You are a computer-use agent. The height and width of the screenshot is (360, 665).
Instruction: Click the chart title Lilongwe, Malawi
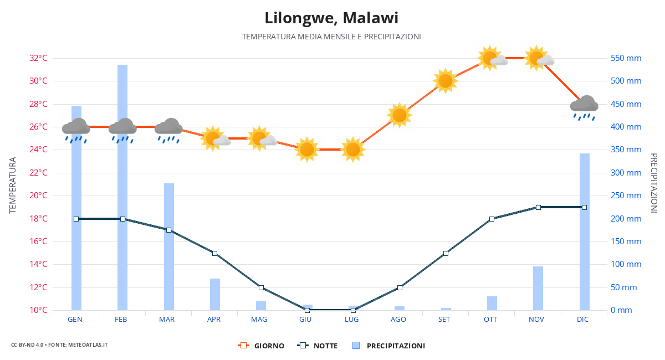(331, 18)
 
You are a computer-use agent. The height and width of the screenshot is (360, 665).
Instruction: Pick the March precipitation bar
(168, 246)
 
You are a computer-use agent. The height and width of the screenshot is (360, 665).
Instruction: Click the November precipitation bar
(538, 288)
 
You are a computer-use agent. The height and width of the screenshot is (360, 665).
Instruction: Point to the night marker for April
(214, 253)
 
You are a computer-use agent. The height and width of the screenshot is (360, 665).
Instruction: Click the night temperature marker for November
(538, 207)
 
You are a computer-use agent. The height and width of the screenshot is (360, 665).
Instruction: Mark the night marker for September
(446, 253)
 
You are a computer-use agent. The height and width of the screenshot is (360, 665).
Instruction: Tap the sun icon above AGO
(400, 115)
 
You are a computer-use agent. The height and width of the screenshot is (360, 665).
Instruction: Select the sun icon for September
(446, 81)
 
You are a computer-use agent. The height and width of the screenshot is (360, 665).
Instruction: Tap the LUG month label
(352, 320)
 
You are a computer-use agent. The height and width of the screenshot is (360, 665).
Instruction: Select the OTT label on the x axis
(490, 320)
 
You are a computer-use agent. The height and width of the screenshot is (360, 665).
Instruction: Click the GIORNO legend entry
(262, 346)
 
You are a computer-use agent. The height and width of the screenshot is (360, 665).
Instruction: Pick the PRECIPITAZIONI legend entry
(389, 346)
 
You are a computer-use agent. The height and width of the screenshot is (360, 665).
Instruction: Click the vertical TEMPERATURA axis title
(13, 185)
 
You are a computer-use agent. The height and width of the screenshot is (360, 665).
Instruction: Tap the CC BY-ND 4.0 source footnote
(59, 344)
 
